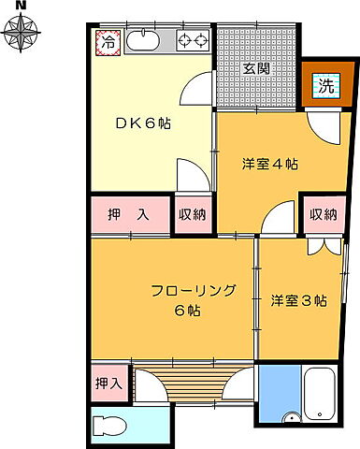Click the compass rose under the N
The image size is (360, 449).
[x=22, y=36]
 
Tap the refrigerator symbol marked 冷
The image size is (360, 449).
[x=108, y=42]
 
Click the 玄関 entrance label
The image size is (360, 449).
[x=257, y=67]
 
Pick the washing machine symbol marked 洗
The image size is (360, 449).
[x=324, y=87]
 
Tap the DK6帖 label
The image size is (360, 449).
[x=142, y=123]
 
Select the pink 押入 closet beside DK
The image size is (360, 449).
[x=131, y=214]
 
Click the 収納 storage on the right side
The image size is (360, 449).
[x=323, y=214]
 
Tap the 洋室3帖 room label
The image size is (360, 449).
[x=298, y=300]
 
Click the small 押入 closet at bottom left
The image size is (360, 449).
[x=108, y=383]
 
